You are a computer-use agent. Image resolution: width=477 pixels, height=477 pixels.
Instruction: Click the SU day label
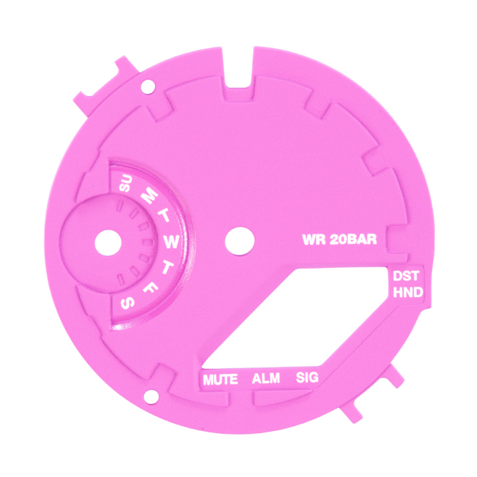[125, 183]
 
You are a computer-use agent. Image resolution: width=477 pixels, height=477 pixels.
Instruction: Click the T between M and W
[164, 215]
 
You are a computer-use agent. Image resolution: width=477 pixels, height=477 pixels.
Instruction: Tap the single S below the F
[128, 303]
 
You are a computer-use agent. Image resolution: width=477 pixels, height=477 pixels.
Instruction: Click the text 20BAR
[353, 239]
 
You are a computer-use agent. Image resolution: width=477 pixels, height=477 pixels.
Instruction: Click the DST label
[406, 276]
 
